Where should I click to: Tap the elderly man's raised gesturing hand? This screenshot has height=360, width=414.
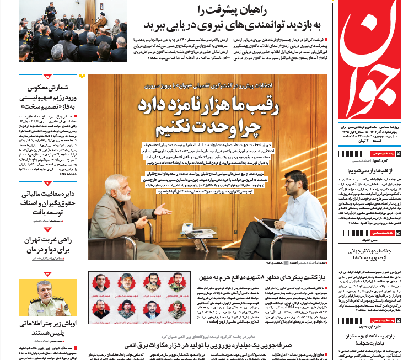tap(162, 210)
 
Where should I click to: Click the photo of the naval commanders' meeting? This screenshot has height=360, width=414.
tap(77, 31)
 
